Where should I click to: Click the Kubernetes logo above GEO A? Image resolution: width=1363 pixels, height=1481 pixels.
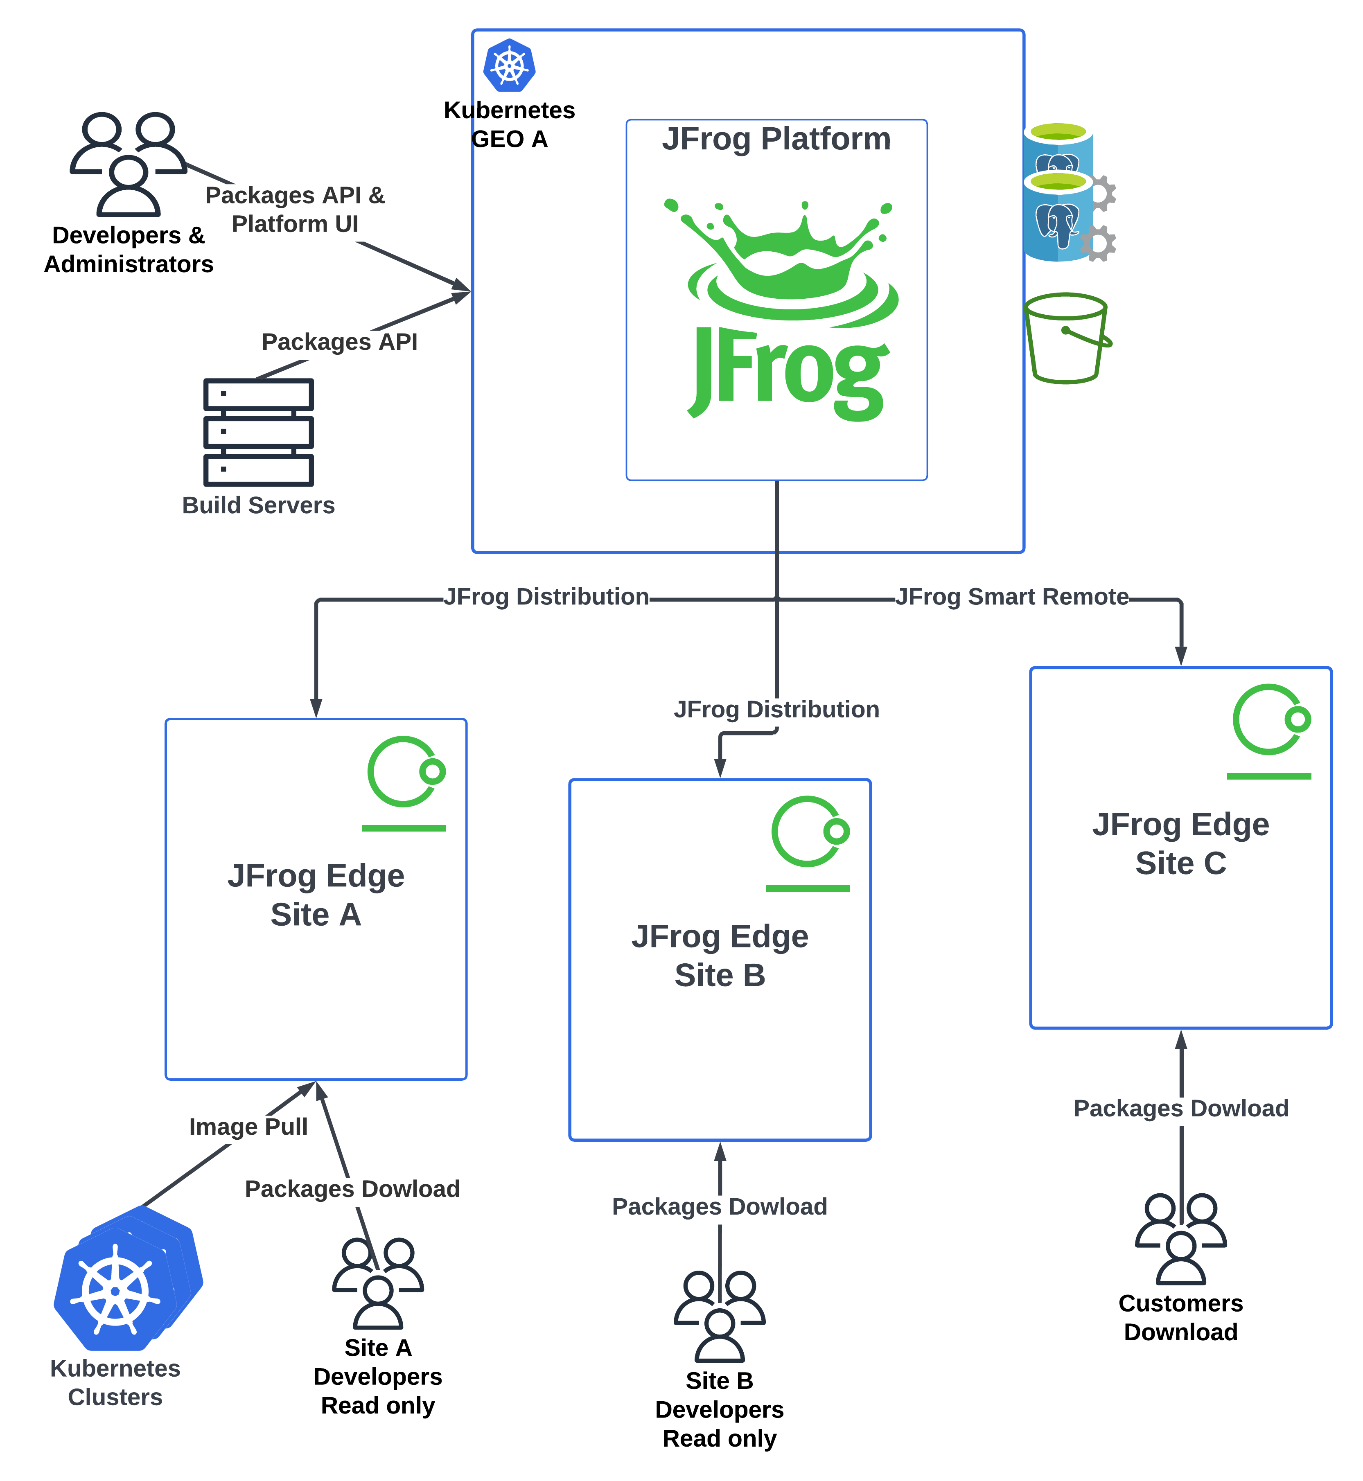pyautogui.click(x=509, y=65)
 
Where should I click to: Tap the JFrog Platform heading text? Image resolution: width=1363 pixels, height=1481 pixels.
pyautogui.click(x=776, y=139)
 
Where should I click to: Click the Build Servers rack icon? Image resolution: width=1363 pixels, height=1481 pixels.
pyautogui.click(x=258, y=432)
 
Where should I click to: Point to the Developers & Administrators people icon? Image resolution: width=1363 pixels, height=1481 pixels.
pyautogui.click(x=129, y=164)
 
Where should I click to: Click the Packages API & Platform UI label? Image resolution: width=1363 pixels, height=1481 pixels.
pyautogui.click(x=295, y=210)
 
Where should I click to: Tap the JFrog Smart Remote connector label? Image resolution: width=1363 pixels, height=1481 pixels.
pyautogui.click(x=1012, y=597)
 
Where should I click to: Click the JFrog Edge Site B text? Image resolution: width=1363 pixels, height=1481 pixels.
pyautogui.click(x=720, y=955)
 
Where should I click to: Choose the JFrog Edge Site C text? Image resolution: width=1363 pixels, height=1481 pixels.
pyautogui.click(x=1180, y=843)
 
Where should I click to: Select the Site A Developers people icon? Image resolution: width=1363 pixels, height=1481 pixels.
pyautogui.click(x=378, y=1283)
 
